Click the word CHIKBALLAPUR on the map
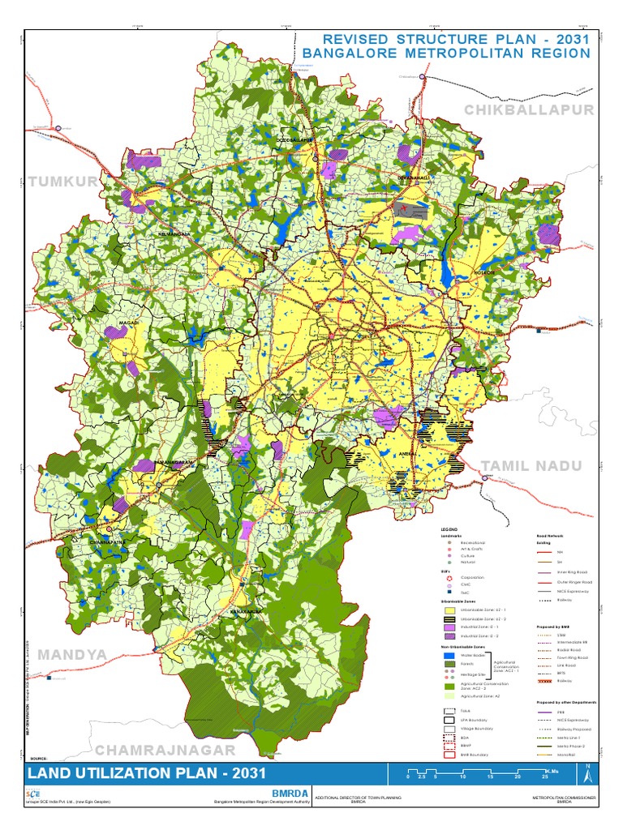tap(530, 109)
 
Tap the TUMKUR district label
tap(62, 182)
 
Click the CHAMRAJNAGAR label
tap(165, 750)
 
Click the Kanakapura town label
tap(245, 611)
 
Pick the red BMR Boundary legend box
tap(449, 754)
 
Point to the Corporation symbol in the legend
tap(449, 577)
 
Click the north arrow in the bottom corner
tap(590, 774)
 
